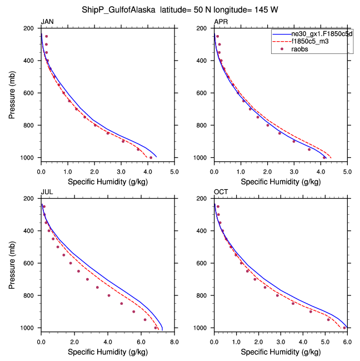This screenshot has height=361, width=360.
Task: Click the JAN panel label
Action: (46, 22)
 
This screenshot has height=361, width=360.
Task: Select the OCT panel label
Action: (221, 192)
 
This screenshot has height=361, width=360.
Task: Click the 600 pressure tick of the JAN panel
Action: (31, 93)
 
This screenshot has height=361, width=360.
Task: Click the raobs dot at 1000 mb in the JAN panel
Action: (151, 157)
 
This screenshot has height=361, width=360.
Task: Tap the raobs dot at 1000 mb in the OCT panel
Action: (344, 328)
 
